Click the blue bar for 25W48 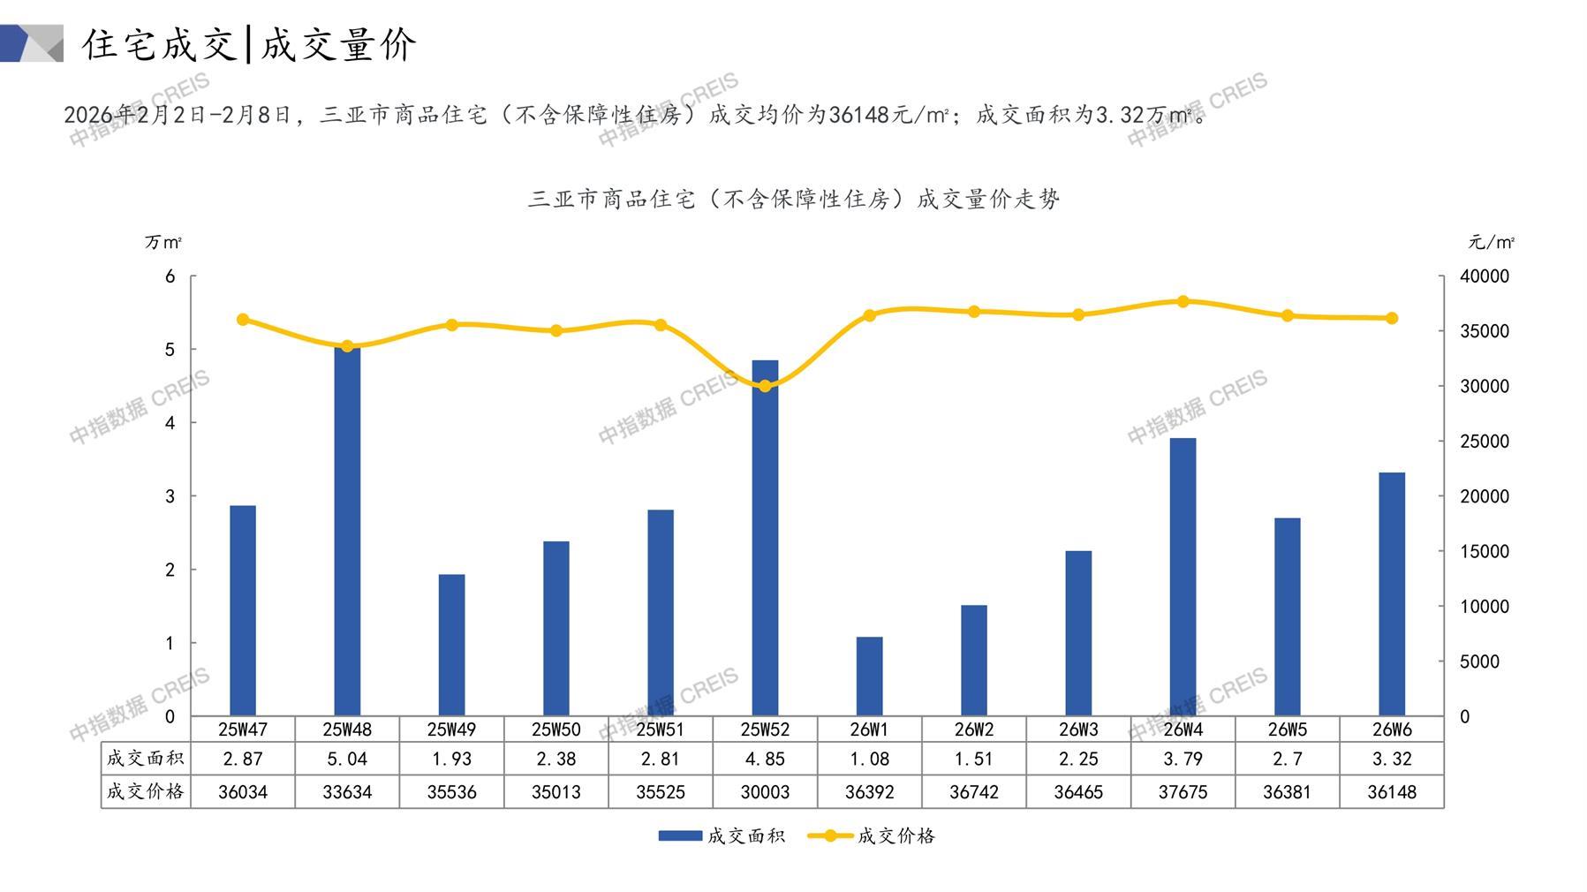tap(347, 530)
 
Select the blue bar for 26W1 tap(869, 676)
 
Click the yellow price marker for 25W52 tap(765, 386)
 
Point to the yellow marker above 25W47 tap(243, 320)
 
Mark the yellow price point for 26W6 tap(1392, 318)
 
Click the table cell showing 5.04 tap(347, 759)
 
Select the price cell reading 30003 tap(765, 792)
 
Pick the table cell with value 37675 tap(1183, 792)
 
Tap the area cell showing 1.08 tap(869, 759)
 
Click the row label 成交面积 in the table tap(145, 759)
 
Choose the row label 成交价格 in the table tap(145, 792)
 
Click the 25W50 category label tap(556, 729)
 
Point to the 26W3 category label tap(1078, 729)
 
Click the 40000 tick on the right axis tap(1485, 276)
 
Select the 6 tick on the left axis tap(170, 276)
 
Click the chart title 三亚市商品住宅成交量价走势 tap(793, 200)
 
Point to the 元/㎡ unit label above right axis tap(1491, 242)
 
